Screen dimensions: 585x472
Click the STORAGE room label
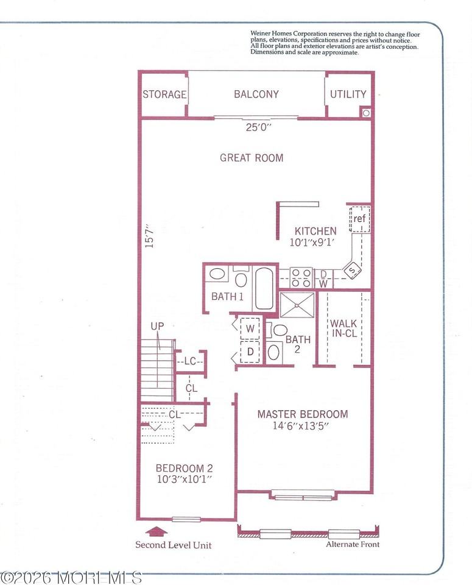(164, 94)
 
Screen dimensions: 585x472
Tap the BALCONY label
(256, 94)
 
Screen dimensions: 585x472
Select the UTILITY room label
(348, 94)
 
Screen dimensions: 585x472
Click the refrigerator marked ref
(360, 218)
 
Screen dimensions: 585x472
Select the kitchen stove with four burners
(300, 277)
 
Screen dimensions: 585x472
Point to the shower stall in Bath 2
(297, 304)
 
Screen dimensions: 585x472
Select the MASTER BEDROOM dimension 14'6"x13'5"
(301, 426)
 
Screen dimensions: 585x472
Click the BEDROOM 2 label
(184, 468)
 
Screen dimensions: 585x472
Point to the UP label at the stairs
(157, 327)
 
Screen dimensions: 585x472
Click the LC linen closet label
(190, 361)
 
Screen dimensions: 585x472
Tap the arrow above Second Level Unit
(157, 532)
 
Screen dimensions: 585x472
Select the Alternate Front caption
(353, 544)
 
